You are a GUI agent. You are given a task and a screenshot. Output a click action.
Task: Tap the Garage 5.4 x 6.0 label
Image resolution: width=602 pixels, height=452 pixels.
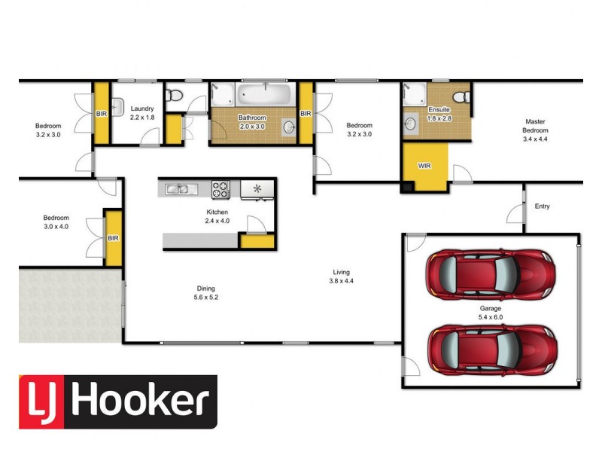(x=491, y=313)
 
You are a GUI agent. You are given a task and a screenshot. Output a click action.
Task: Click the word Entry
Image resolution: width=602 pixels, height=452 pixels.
(x=542, y=206)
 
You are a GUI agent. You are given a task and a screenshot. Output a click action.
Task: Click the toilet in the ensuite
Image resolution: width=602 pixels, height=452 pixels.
(x=464, y=95)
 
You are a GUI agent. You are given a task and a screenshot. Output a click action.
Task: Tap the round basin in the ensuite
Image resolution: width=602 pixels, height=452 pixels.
(x=412, y=124)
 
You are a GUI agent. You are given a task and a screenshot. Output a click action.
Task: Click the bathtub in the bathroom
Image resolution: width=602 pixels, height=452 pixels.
(x=265, y=96)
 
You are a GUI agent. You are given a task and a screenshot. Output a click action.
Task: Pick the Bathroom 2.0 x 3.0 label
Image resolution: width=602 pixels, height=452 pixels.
(x=252, y=122)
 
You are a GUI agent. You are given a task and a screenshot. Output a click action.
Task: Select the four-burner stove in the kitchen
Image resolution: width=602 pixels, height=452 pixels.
(x=220, y=188)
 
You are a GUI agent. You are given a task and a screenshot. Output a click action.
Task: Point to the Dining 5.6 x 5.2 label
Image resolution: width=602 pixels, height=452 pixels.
(x=205, y=292)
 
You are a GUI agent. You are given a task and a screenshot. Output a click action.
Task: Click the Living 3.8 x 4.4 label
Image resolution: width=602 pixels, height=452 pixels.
(x=342, y=276)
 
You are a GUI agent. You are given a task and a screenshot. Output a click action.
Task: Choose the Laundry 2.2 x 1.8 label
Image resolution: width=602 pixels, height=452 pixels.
(x=141, y=113)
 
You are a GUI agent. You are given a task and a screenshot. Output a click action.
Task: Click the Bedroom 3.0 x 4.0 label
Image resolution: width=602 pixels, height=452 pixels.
(x=56, y=221)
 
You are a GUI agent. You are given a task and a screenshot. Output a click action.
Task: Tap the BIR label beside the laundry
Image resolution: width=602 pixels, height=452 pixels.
(x=101, y=114)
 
